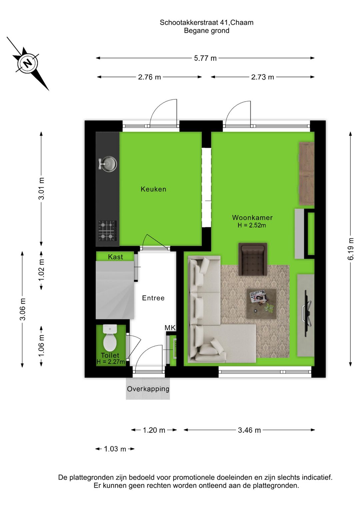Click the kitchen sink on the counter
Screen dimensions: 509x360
[x=108, y=164]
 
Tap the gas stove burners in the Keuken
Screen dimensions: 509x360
[x=107, y=230]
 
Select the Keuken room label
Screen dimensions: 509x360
[x=153, y=189]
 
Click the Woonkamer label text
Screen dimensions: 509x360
[x=252, y=217]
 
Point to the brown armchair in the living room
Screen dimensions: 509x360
[x=253, y=259]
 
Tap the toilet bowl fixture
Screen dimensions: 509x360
[x=110, y=338]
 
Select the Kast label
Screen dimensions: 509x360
[x=115, y=257]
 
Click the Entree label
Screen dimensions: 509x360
[x=153, y=298]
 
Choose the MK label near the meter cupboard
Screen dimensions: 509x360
[x=170, y=328]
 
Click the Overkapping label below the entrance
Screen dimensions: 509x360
[x=148, y=389]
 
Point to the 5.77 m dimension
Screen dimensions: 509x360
[x=205, y=58]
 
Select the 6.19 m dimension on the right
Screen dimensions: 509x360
[x=351, y=249]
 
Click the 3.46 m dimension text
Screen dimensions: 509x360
[x=249, y=430]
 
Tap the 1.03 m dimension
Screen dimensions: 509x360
[x=115, y=449]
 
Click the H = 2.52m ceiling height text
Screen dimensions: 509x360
[x=252, y=225]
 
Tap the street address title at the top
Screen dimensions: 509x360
[x=206, y=22]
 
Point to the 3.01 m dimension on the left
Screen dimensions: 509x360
[x=41, y=189]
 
